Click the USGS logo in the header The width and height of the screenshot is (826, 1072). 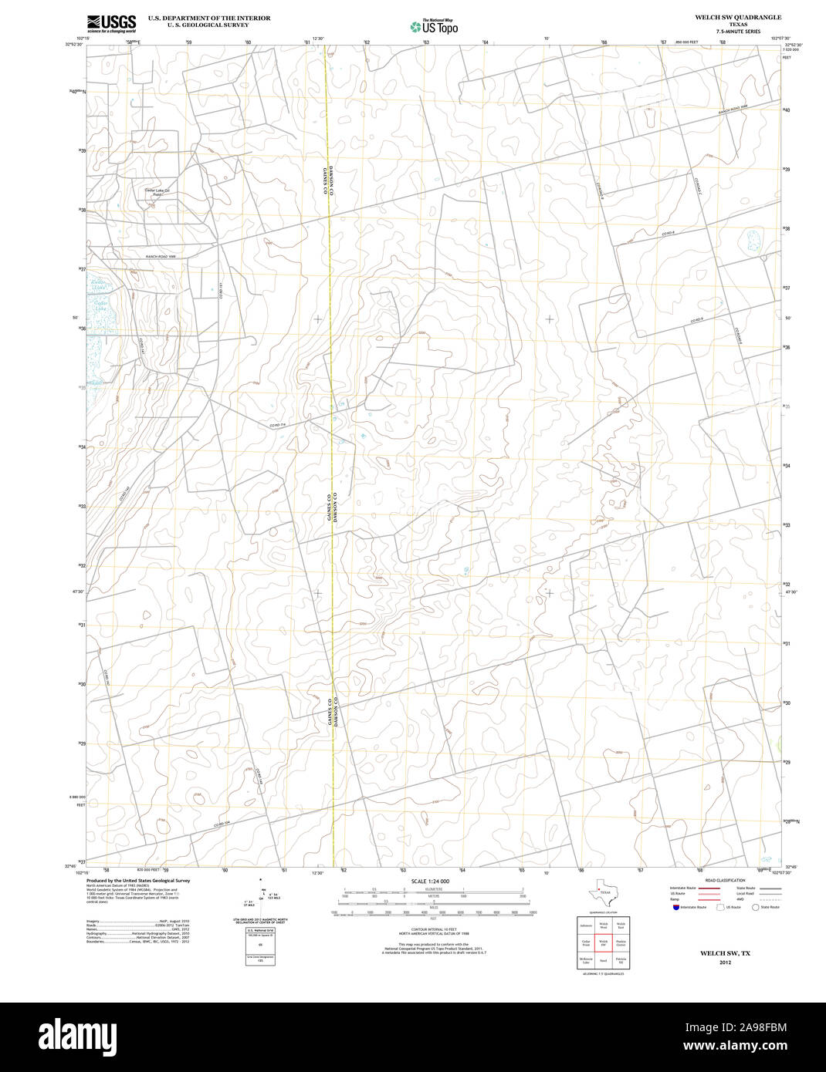(x=111, y=22)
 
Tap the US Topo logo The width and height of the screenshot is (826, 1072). (x=434, y=27)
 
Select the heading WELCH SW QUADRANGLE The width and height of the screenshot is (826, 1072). (x=737, y=17)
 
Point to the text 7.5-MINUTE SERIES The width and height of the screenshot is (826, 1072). (x=737, y=32)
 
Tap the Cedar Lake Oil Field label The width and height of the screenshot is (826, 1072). (x=157, y=192)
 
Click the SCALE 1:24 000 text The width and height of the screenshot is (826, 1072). (x=430, y=881)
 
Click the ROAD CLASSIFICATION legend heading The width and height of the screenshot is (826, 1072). (x=725, y=880)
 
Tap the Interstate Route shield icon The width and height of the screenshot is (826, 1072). (x=675, y=908)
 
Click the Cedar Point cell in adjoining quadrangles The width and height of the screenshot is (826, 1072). (x=586, y=942)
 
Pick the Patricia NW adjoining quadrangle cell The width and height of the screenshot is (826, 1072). (x=621, y=960)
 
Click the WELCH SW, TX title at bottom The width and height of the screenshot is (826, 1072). (x=725, y=953)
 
